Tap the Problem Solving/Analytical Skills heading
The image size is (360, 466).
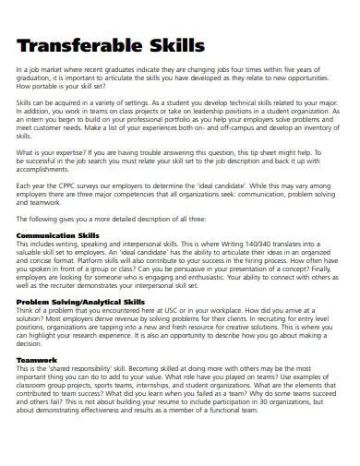(x=80, y=301)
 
